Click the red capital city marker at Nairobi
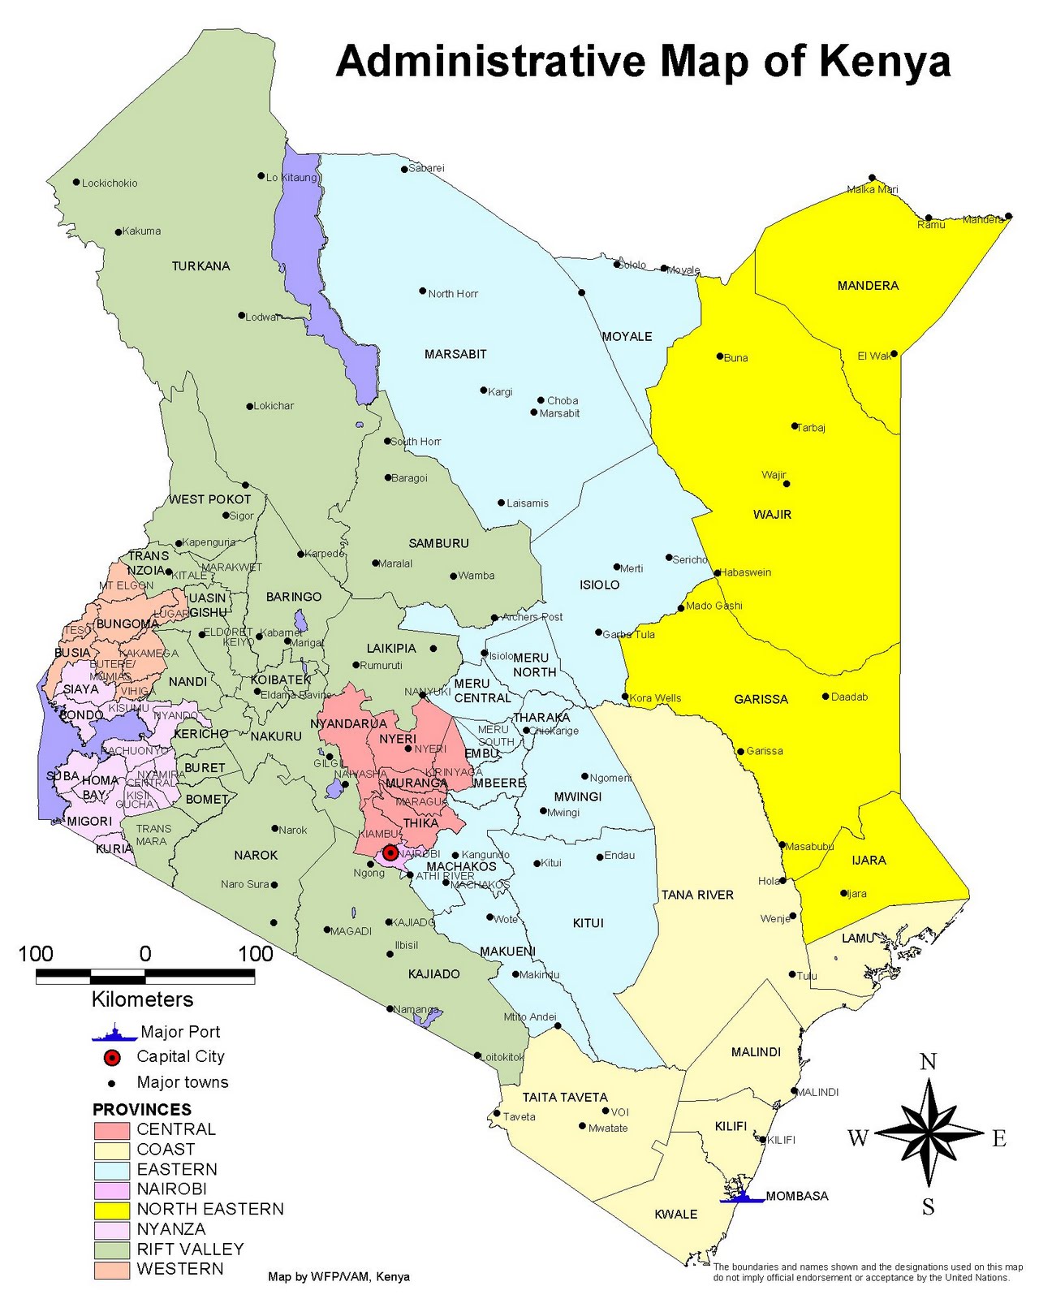pos(390,852)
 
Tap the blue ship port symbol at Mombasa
pos(742,1196)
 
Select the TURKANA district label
pos(200,266)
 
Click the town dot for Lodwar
pos(241,316)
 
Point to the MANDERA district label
pos(868,286)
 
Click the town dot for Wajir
pos(786,484)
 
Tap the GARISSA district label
pos(761,699)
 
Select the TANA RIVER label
pos(697,895)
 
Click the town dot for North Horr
pos(422,291)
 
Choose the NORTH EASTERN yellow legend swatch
pos(112,1210)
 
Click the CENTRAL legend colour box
pos(112,1130)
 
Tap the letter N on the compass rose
pos(928,1062)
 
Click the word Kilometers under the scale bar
pos(143,999)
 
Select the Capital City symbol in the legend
pos(112,1057)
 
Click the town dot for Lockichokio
pos(76,182)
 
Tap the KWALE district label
pos(676,1215)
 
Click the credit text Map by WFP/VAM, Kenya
pos(338,1277)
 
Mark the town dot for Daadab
pos(826,696)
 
